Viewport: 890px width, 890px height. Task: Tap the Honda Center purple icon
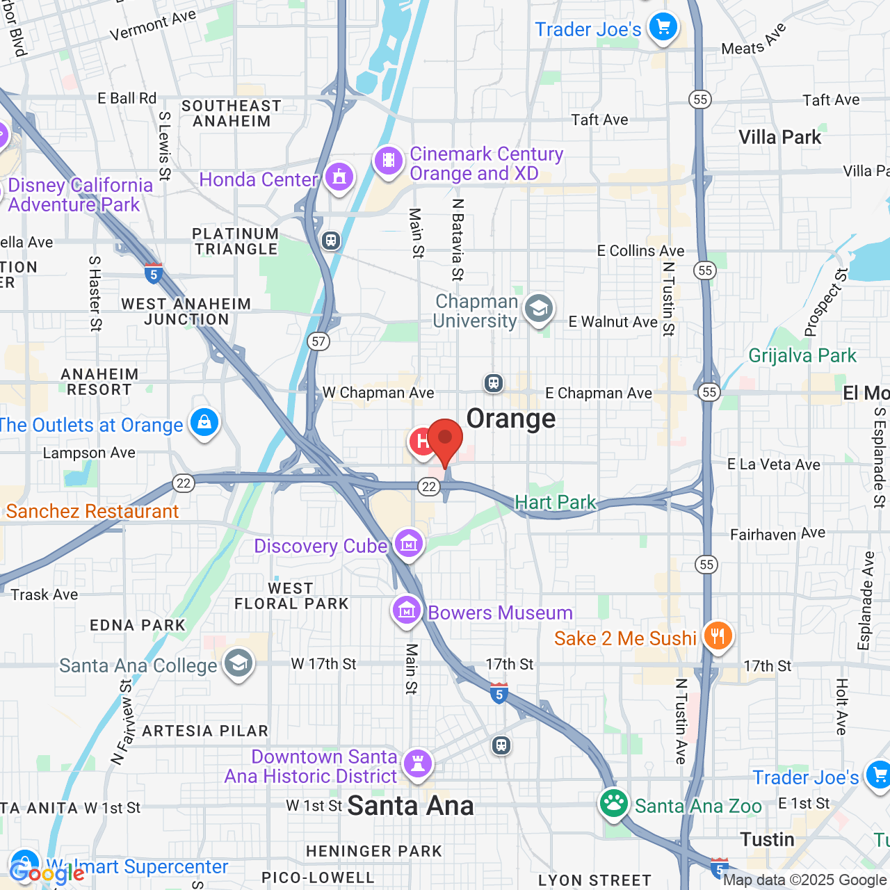coord(339,177)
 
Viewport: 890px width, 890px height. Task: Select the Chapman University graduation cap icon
coord(539,308)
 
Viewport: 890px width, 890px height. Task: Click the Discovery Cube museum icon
coord(409,543)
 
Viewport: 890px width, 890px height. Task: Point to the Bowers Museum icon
coord(407,610)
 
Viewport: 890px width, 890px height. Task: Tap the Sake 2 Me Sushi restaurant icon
coord(718,636)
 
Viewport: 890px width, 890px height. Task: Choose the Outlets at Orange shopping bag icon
coord(204,423)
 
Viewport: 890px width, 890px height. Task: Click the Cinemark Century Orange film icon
coord(389,161)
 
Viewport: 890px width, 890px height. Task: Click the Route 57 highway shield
coord(318,341)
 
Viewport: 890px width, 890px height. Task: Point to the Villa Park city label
coord(779,138)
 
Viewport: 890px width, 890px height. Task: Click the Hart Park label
coord(555,502)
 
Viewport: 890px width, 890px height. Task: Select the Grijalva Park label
coord(802,356)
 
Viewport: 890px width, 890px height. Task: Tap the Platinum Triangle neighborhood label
coord(236,241)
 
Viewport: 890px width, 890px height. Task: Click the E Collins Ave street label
coord(640,251)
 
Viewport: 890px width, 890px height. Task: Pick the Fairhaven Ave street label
coord(777,534)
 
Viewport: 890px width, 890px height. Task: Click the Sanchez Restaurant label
coord(92,512)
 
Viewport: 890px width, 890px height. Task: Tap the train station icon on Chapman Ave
coord(494,382)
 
